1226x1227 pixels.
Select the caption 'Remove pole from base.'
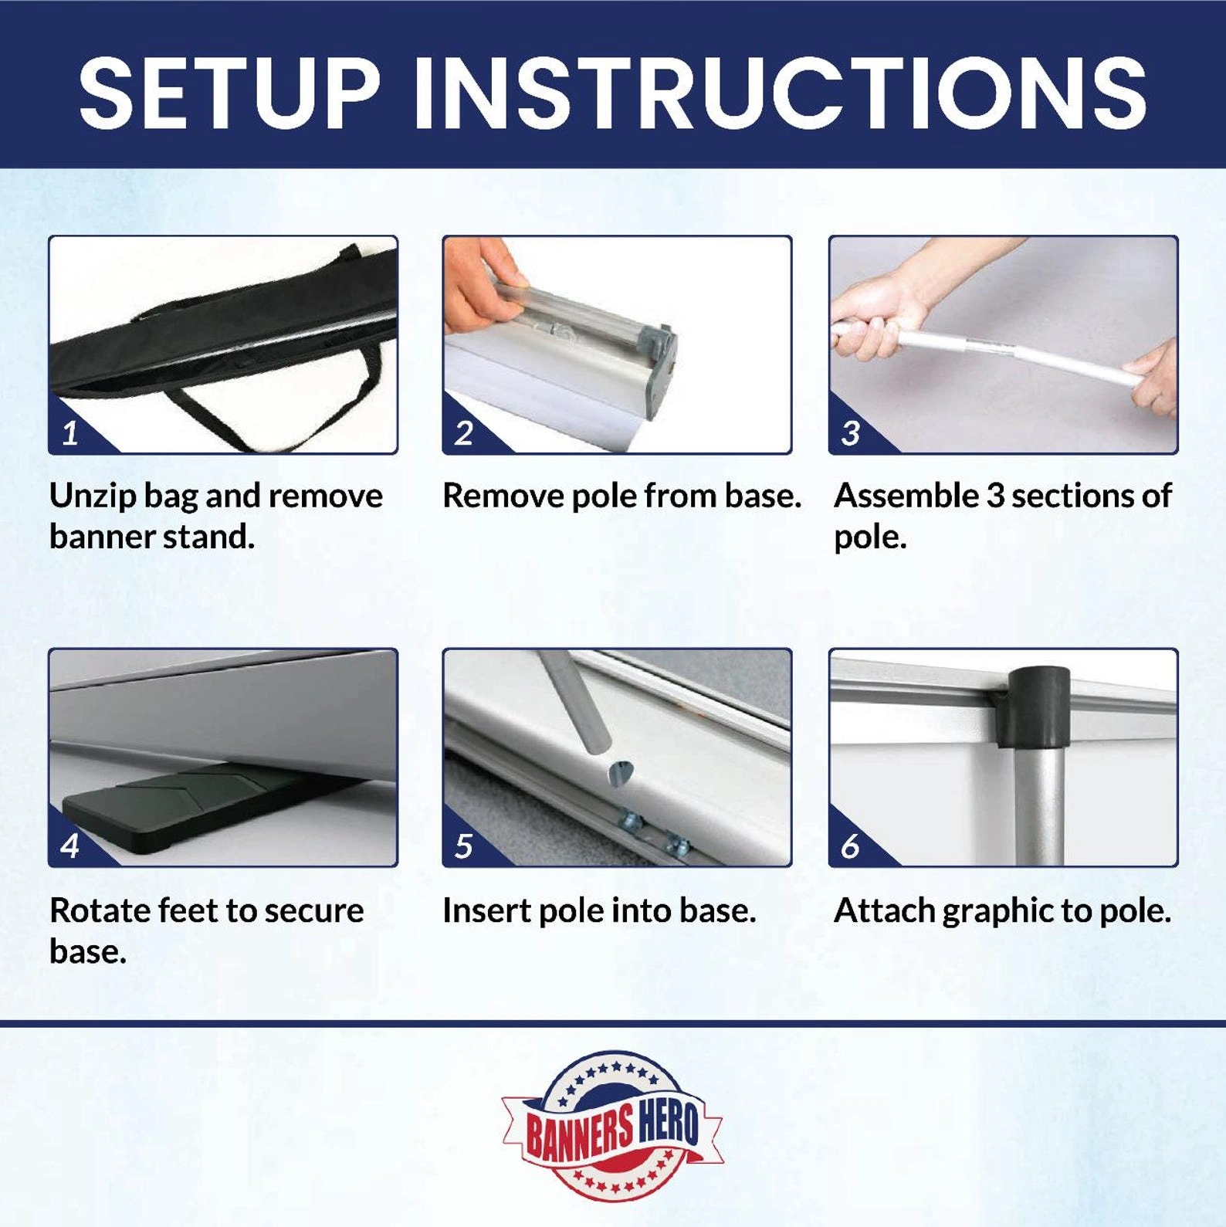coord(621,496)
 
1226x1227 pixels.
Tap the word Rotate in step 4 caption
coord(100,910)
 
